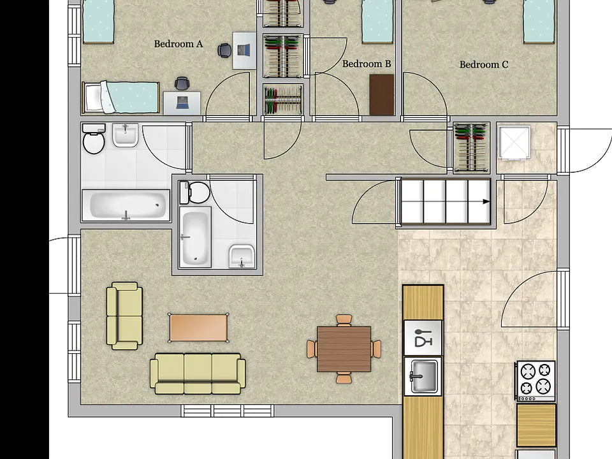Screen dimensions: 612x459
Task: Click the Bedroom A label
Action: click(x=178, y=44)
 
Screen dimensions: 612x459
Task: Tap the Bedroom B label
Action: click(x=367, y=64)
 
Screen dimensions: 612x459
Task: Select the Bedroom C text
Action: click(x=484, y=65)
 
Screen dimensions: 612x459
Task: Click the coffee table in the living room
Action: click(x=199, y=328)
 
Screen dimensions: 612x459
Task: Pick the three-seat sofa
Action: click(x=198, y=374)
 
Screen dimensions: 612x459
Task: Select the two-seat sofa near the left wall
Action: click(x=124, y=316)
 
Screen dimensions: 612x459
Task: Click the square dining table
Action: click(x=344, y=349)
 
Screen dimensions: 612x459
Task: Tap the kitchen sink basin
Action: click(x=424, y=376)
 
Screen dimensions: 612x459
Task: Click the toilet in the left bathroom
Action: click(x=94, y=138)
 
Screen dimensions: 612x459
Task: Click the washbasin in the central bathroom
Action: click(x=242, y=256)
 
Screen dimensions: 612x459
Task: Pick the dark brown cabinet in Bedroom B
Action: click(x=382, y=95)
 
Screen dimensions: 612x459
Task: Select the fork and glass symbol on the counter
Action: click(x=423, y=338)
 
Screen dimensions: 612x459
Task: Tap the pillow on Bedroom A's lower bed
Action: click(x=93, y=98)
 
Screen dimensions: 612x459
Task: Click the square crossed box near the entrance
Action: click(x=514, y=142)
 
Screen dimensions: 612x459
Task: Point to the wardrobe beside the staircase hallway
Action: click(x=472, y=147)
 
